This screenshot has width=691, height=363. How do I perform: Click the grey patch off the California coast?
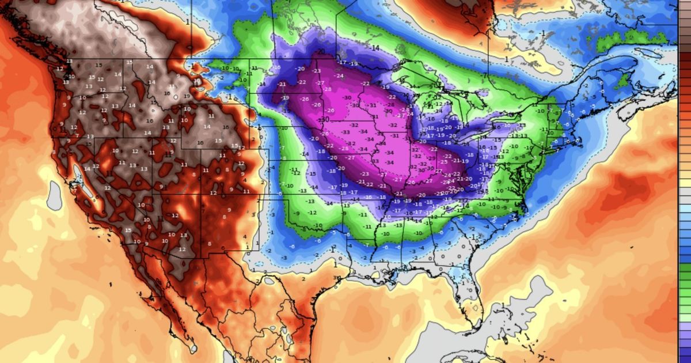point(54,196)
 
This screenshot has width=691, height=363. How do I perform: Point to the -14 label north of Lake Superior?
point(375,48)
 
